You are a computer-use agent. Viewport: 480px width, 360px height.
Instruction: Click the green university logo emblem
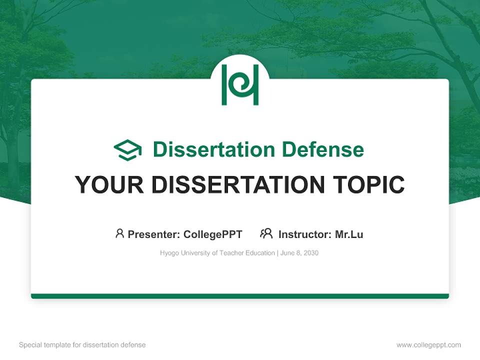pos(240,84)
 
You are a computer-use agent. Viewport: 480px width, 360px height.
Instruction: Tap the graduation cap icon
pos(127,150)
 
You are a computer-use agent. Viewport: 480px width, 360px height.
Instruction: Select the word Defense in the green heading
pos(322,149)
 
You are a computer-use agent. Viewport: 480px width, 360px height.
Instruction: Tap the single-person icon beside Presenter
pos(119,233)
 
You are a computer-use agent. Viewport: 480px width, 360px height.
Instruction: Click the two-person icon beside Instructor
pos(266,233)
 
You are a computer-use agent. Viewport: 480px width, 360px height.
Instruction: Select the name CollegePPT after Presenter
pos(213,234)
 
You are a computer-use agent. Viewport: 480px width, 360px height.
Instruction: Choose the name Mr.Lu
pos(349,234)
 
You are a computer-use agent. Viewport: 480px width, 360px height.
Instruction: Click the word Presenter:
pos(154,234)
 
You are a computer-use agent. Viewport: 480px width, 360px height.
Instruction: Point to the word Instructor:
pos(305,234)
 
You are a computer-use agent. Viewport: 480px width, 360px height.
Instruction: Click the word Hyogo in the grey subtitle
pos(169,253)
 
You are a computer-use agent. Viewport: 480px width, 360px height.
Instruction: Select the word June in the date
pos(287,253)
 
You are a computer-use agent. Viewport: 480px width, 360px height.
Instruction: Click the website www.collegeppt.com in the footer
pos(428,345)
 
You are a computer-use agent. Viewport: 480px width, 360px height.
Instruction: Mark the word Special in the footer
pos(30,345)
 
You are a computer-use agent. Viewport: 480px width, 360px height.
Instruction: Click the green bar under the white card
pos(240,296)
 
